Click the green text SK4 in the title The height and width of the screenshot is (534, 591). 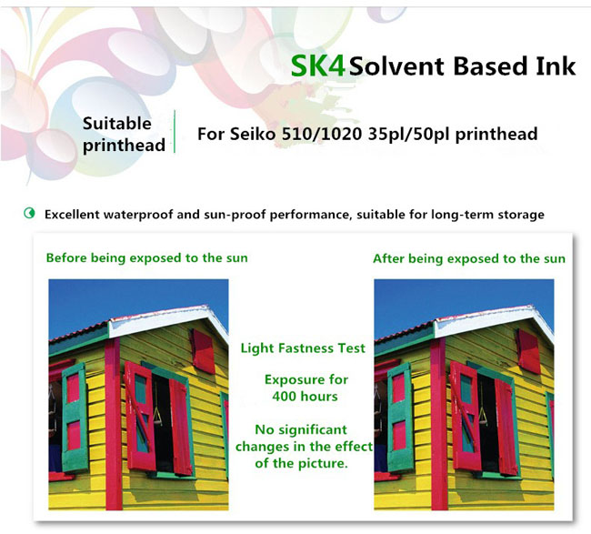317,66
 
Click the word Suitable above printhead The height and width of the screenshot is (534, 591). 117,124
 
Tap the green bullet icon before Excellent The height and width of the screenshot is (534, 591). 29,214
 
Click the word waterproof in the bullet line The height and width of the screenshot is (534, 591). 138,215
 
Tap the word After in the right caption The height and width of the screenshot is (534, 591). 388,258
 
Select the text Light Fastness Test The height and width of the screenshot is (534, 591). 303,348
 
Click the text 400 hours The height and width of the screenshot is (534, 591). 305,397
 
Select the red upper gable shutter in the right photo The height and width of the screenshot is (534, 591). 528,351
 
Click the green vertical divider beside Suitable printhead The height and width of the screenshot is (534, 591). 175,132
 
